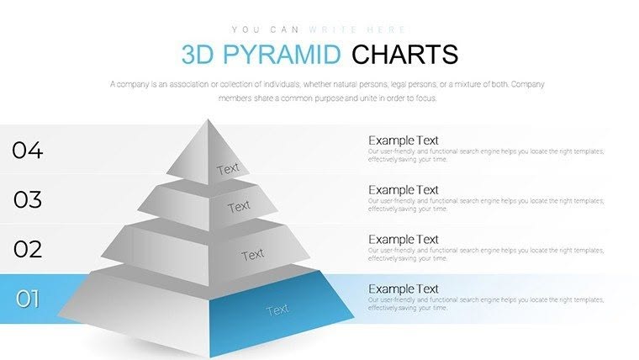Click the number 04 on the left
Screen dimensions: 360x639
27,151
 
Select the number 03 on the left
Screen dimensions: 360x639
27,199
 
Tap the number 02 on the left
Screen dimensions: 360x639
27,249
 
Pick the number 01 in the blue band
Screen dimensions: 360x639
27,298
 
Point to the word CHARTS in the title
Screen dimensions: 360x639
404,55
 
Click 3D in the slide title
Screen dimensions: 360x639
198,55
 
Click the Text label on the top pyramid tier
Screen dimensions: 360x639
228,168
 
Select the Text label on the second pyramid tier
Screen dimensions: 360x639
239,206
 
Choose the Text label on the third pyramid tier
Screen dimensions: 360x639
252,254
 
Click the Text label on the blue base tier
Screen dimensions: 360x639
277,310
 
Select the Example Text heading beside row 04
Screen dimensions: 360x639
404,140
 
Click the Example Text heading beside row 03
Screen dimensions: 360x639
404,190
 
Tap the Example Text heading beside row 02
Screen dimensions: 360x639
404,240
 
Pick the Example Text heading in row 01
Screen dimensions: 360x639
404,289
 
